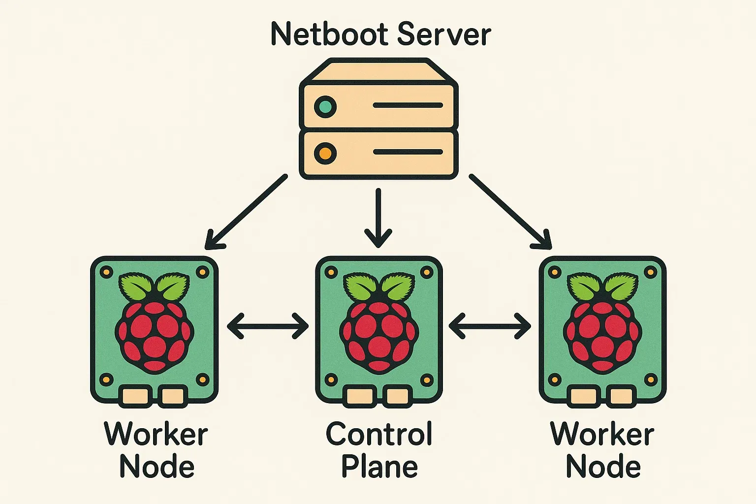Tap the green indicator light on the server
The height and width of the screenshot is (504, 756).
[x=325, y=106]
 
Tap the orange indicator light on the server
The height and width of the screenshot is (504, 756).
[x=325, y=153]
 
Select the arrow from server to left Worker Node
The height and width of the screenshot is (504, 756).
[x=246, y=212]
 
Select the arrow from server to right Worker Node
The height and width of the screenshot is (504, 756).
[x=510, y=212]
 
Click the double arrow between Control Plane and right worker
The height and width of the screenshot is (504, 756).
[x=490, y=326]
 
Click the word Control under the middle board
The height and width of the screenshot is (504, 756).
[x=379, y=434]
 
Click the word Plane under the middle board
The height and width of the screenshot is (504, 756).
[x=379, y=467]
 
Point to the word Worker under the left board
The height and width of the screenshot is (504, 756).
[x=156, y=434]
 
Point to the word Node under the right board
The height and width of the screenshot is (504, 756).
[x=603, y=467]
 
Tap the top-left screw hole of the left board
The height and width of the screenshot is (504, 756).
[x=106, y=272]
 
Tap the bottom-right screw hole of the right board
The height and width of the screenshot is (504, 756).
[x=651, y=379]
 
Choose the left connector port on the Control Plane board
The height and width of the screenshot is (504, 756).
[x=360, y=396]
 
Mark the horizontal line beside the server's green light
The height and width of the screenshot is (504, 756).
[x=408, y=105]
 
